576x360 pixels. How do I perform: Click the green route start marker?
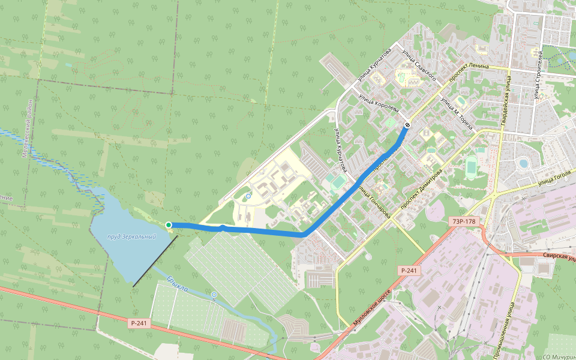(x=169, y=225)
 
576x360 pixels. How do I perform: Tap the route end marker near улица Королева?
(x=407, y=125)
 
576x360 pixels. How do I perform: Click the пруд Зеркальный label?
(x=131, y=237)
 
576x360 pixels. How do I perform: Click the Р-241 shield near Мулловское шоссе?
(x=408, y=271)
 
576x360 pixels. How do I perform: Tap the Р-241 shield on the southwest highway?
(x=137, y=323)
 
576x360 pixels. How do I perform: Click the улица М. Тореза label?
(x=457, y=113)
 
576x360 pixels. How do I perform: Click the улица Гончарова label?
(x=374, y=201)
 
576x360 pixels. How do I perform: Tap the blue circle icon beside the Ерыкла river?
(x=214, y=295)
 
